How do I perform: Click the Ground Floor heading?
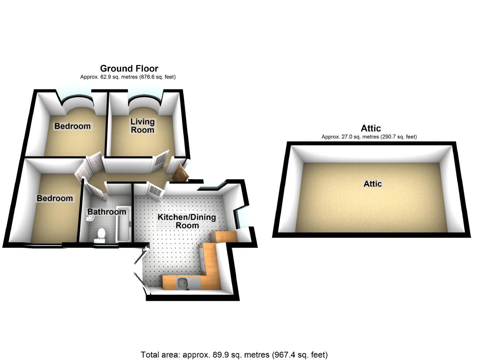click(129, 69)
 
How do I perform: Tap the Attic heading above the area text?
click(371, 128)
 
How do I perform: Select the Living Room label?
click(142, 126)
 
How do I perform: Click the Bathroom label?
click(107, 212)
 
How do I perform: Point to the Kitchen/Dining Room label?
click(187, 221)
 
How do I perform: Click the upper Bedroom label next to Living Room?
click(72, 126)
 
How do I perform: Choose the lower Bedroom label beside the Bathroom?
click(55, 198)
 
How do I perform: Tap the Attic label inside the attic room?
click(373, 184)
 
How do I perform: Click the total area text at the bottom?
click(234, 355)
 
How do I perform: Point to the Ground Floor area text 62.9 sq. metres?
click(128, 77)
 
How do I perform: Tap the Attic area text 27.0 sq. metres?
click(369, 137)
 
